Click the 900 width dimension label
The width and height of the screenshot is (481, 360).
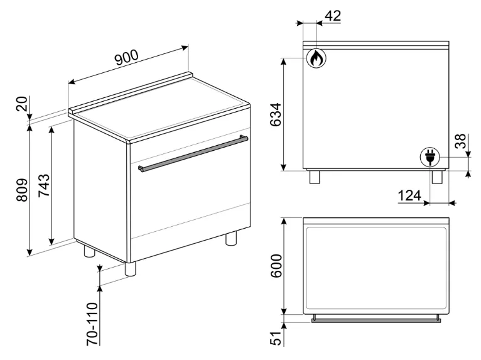(127, 57)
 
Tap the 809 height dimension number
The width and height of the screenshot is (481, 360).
(22, 190)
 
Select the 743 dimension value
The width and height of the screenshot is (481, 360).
(43, 185)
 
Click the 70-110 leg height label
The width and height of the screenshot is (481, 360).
(92, 324)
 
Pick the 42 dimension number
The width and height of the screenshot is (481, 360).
(333, 16)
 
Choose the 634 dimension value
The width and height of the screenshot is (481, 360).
(275, 115)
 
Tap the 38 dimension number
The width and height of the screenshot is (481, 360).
(460, 141)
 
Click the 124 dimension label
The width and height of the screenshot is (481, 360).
(409, 195)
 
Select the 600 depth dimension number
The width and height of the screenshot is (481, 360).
(276, 266)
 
